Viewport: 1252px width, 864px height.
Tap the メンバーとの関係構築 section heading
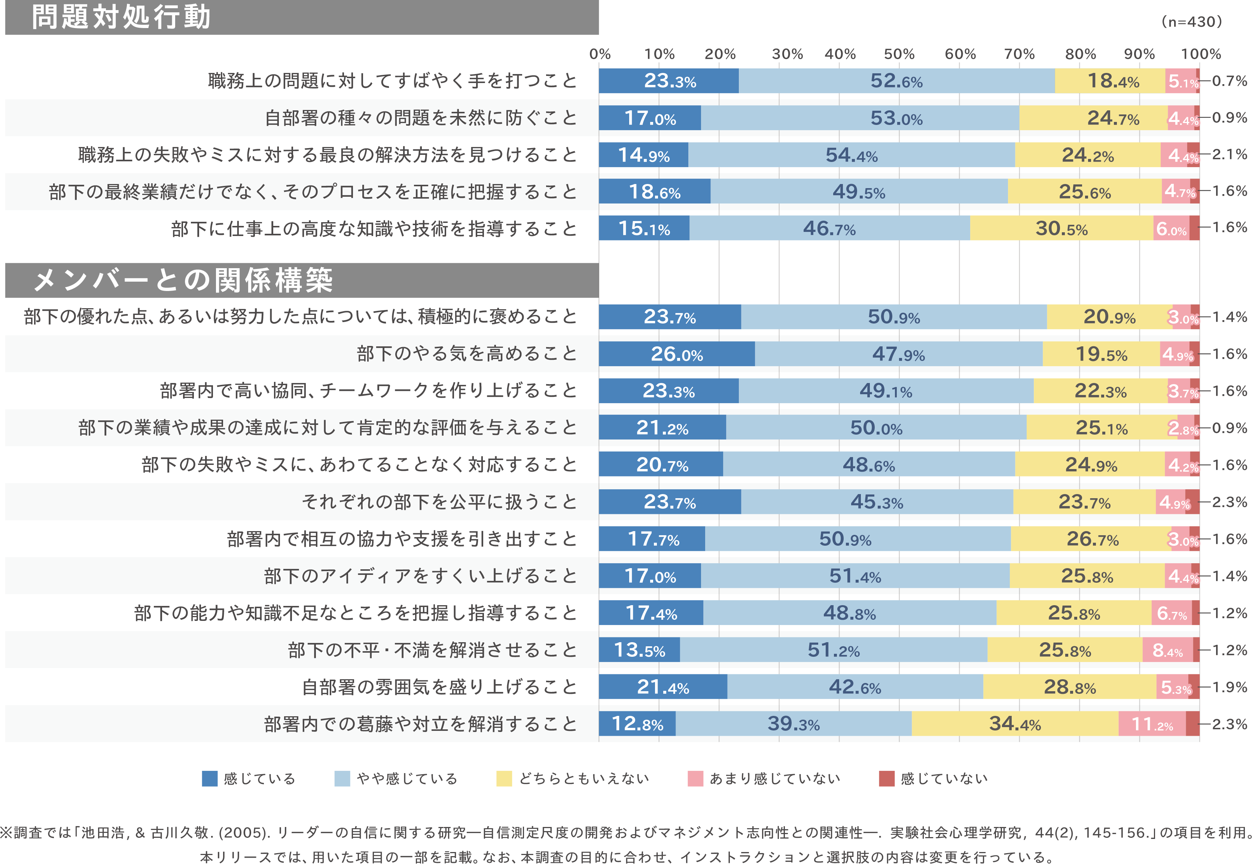pyautogui.click(x=183, y=281)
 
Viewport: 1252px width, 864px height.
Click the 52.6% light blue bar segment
pyautogui.click(x=896, y=81)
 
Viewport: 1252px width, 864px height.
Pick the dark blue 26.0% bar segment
pyautogui.click(x=677, y=354)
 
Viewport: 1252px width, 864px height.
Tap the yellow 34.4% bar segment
pyautogui.click(x=1015, y=724)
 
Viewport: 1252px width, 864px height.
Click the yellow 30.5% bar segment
pyautogui.click(x=1061, y=229)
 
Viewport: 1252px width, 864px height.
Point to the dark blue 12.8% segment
pyautogui.click(x=637, y=724)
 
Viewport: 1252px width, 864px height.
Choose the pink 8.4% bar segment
pyautogui.click(x=1167, y=650)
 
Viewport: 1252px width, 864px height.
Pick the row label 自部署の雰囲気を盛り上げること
pyautogui.click(x=439, y=687)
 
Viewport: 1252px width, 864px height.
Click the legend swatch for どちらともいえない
pyautogui.click(x=504, y=778)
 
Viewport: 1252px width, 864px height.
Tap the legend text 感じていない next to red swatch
pyautogui.click(x=944, y=778)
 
